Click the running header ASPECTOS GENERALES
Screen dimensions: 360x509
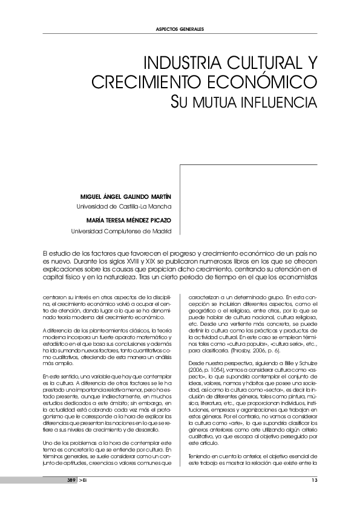click(x=180, y=29)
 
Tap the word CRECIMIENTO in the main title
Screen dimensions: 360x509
click(x=145, y=82)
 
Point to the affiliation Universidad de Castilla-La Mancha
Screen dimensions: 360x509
click(x=121, y=206)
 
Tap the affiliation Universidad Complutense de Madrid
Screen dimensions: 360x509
click(x=122, y=230)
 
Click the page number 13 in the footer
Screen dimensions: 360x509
click(x=314, y=480)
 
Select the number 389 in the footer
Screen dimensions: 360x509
click(x=71, y=480)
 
